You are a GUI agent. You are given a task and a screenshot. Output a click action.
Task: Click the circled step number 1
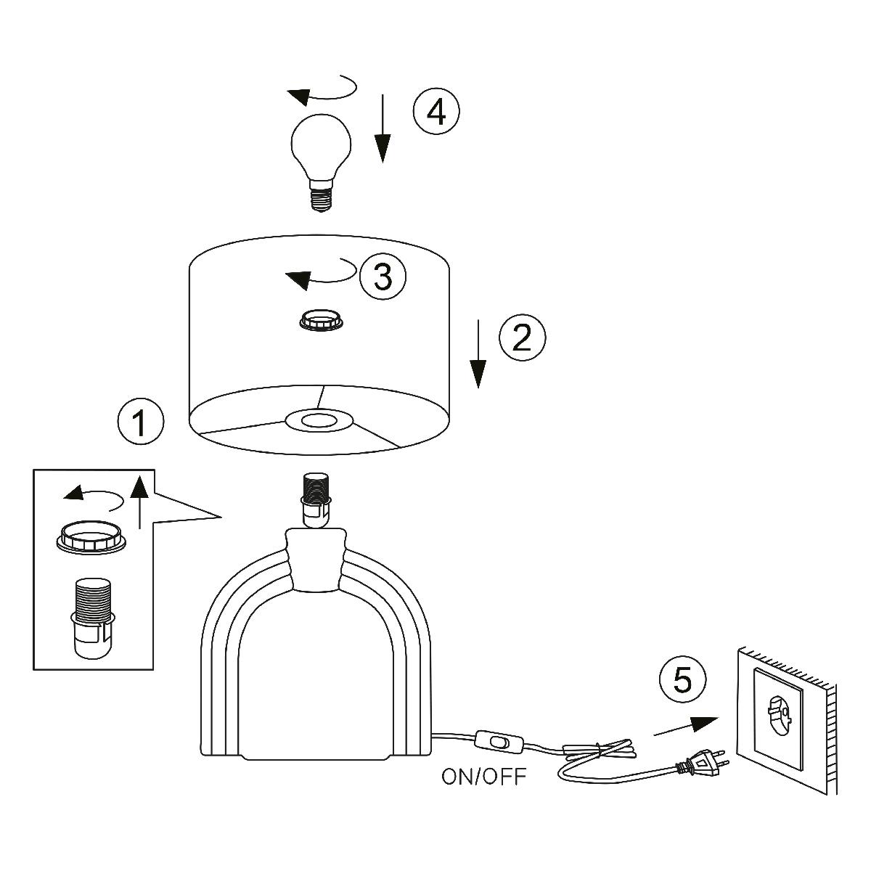(x=140, y=423)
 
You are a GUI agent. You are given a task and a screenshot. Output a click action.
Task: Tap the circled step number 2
(x=522, y=336)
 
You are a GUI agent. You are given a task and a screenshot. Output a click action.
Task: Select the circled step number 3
(x=382, y=277)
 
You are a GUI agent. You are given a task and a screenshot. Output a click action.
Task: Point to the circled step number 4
(x=436, y=113)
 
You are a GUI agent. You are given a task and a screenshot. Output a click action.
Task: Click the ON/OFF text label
(x=484, y=777)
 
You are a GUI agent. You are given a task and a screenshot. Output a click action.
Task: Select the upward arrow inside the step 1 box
(x=139, y=501)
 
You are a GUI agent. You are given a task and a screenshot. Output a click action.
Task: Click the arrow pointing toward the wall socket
(x=685, y=727)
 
